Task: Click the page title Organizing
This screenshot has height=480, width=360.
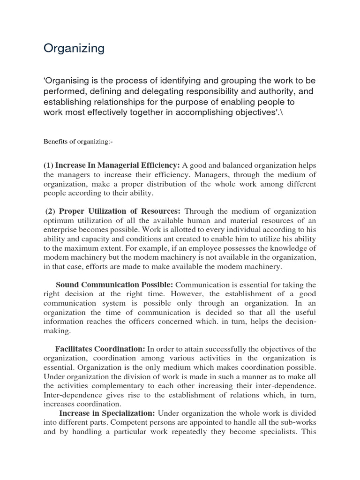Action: tap(74, 49)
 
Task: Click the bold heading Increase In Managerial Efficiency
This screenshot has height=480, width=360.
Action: tap(118, 165)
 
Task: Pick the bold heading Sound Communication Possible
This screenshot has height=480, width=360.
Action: tap(114, 285)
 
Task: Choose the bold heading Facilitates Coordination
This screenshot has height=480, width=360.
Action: tap(100, 349)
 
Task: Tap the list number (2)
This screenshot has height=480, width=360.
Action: tap(51, 211)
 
